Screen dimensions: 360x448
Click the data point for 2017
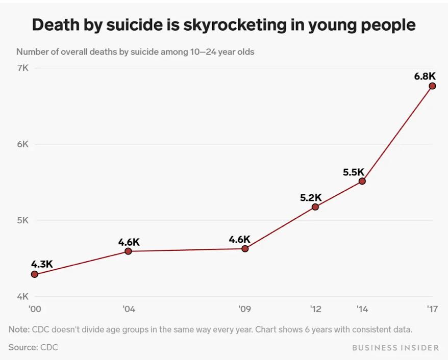432,86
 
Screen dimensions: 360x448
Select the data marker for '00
35,274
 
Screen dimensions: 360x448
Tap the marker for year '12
315,207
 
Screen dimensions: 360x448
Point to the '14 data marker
362,181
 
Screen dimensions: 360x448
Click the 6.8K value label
425,76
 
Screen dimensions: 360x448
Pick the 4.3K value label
42,264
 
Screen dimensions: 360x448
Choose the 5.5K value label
354,172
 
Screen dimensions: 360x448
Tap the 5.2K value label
311,197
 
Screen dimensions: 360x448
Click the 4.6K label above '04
129,242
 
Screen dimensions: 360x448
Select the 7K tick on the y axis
23,68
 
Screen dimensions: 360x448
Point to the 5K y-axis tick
23,220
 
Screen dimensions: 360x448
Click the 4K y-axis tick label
23,297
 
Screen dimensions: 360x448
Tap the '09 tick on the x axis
245,308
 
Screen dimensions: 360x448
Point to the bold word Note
19,329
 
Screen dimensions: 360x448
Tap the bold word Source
23,347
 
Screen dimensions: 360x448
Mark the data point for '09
245,248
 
